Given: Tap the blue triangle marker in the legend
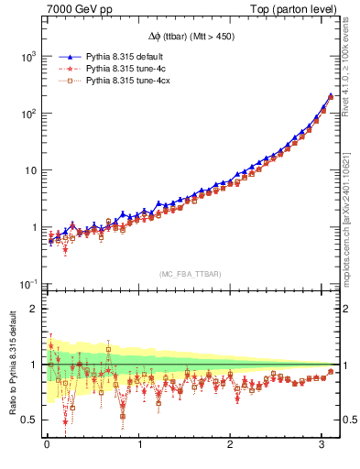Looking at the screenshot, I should pos(63,57).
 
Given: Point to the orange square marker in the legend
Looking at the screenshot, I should pos(63,82).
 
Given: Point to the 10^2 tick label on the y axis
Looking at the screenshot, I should pos(27,114).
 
